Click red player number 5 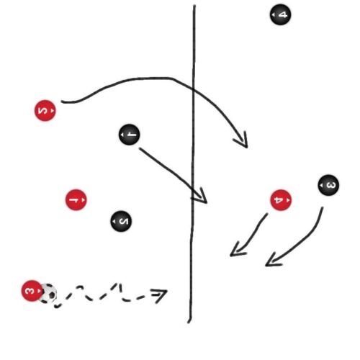point(45,111)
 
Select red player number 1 point(76,199)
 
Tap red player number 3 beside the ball point(32,291)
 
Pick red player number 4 point(281,200)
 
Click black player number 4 point(280,14)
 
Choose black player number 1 point(130,135)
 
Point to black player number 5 point(121,221)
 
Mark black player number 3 point(328,185)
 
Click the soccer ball point(49,293)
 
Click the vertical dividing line point(192,163)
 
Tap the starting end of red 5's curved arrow point(62,102)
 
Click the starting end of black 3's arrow point(323,207)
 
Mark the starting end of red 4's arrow point(267,214)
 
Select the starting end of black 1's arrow point(140,148)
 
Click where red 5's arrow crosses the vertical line point(193,89)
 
